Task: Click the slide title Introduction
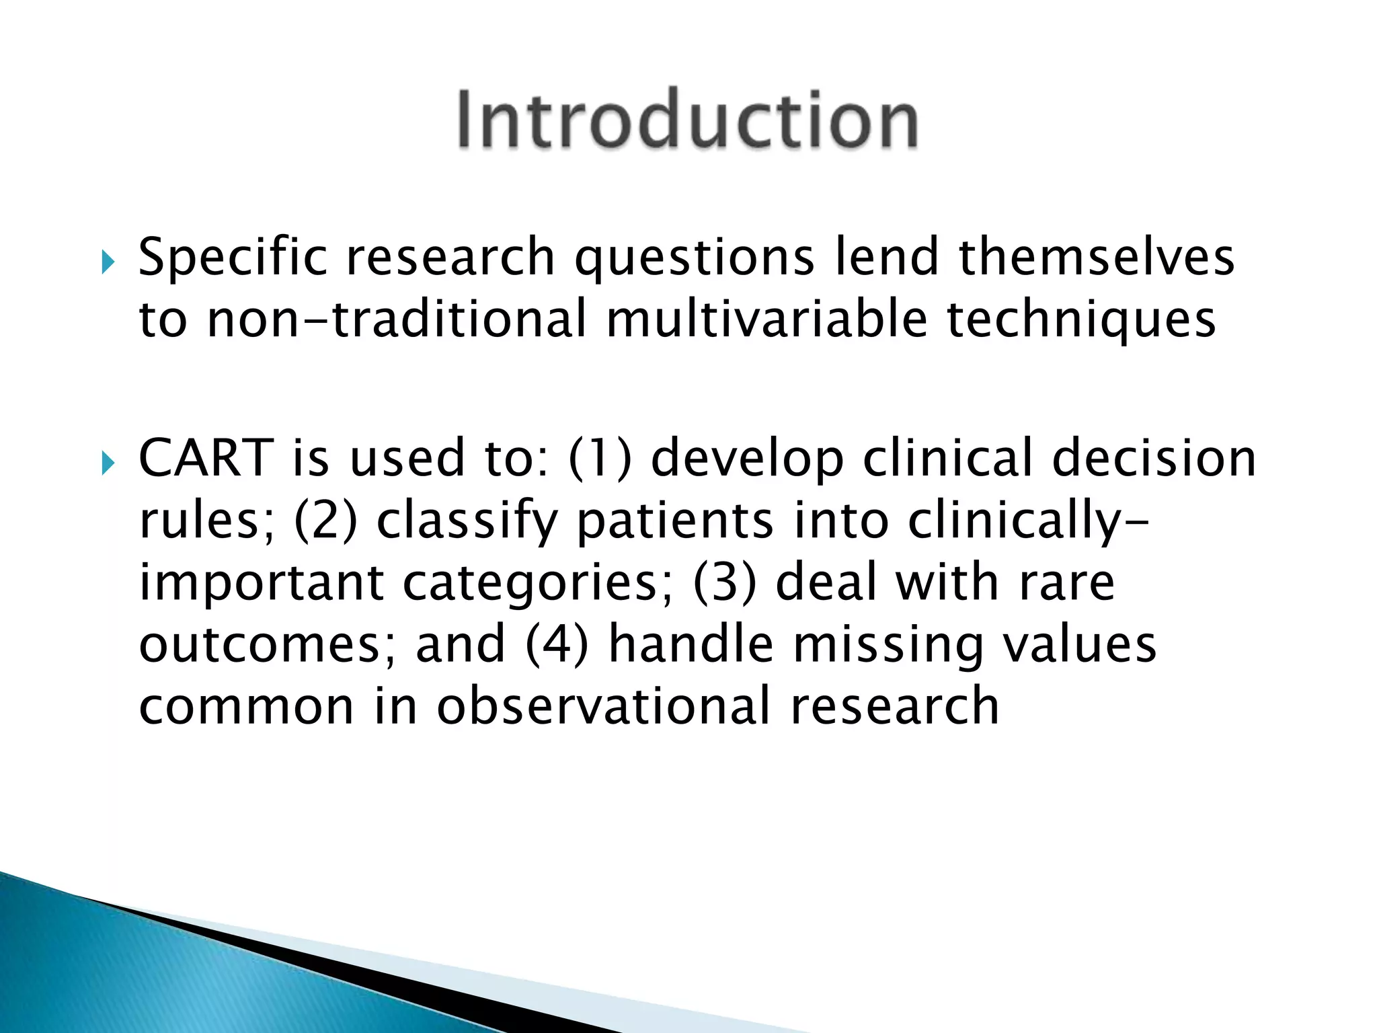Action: [687, 120]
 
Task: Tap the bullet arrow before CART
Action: [108, 463]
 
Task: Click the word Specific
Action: [233, 258]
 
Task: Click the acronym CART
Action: [206, 459]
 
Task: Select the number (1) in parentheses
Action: [600, 459]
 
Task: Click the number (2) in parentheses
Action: [326, 521]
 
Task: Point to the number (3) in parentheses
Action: [724, 582]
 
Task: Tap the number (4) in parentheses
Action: [557, 644]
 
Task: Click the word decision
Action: [1154, 459]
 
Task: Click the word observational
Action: [603, 706]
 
